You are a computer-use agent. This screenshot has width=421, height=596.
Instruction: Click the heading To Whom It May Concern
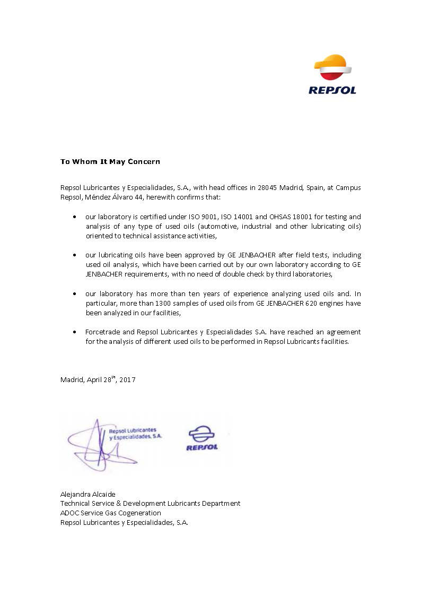[110, 161]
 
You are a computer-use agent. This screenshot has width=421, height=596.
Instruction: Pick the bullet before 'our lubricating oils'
[74, 255]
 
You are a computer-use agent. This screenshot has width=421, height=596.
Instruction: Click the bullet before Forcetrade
[74, 332]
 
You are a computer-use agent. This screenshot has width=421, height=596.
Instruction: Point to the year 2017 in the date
[127, 379]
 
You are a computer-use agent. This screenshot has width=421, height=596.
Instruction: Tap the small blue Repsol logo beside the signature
[201, 438]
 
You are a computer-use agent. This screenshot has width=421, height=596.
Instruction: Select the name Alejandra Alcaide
[87, 494]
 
